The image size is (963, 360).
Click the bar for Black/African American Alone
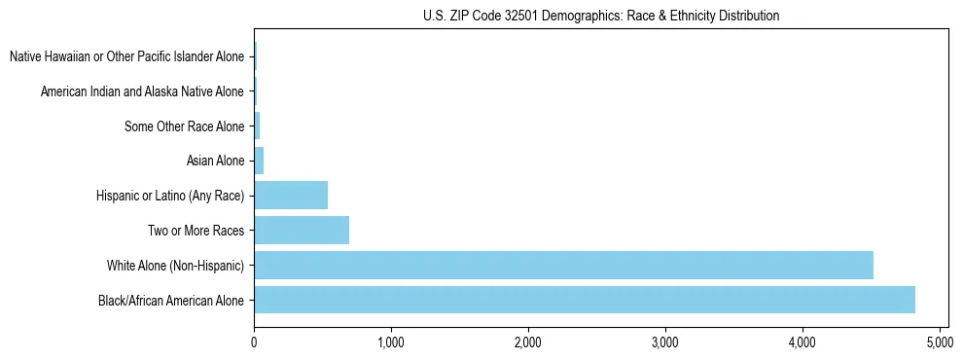pyautogui.click(x=584, y=300)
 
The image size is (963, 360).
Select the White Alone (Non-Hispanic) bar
pyautogui.click(x=563, y=265)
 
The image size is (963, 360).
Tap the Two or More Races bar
pyautogui.click(x=302, y=231)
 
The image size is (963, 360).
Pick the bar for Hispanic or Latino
pyautogui.click(x=291, y=196)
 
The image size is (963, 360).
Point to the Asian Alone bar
pyautogui.click(x=259, y=161)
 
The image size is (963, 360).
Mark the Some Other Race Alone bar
pyautogui.click(x=257, y=126)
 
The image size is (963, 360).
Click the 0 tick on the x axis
pyautogui.click(x=254, y=342)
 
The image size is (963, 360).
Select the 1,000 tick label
pyautogui.click(x=391, y=342)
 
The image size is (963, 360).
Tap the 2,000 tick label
pyautogui.click(x=528, y=342)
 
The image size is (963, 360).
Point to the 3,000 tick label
pyautogui.click(x=665, y=342)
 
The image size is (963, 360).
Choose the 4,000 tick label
pyautogui.click(x=802, y=342)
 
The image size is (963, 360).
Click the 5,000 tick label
pyautogui.click(x=940, y=342)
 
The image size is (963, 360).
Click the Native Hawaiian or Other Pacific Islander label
pyautogui.click(x=126, y=57)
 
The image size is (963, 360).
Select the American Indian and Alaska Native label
pyautogui.click(x=142, y=91)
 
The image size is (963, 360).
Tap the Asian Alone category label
pyautogui.click(x=215, y=161)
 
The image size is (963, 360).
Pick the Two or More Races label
pyautogui.click(x=196, y=231)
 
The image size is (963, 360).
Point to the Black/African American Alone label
pyautogui.click(x=171, y=300)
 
